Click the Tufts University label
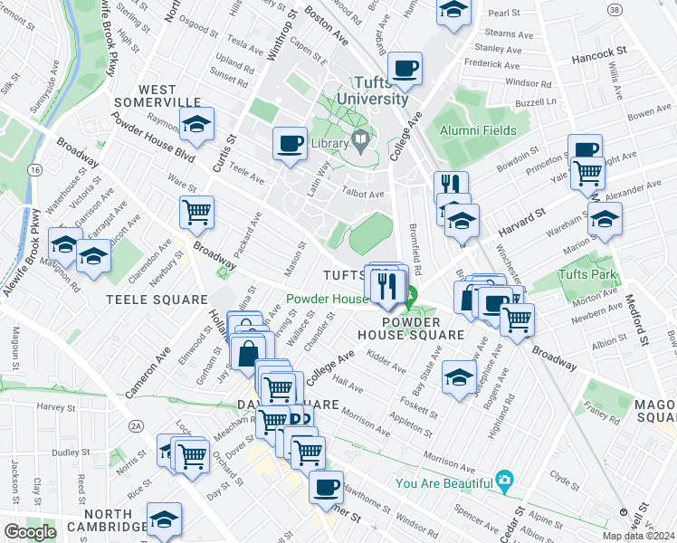[373, 90]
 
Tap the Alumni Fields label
[478, 130]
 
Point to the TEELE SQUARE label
[150, 298]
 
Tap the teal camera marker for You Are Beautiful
[505, 481]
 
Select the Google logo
[30, 532]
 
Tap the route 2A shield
[137, 425]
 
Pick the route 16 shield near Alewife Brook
[34, 169]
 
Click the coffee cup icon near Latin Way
[291, 144]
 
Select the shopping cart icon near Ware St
[196, 213]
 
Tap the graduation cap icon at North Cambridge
[164, 519]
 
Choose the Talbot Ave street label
[364, 193]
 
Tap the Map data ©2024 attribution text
[639, 536]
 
